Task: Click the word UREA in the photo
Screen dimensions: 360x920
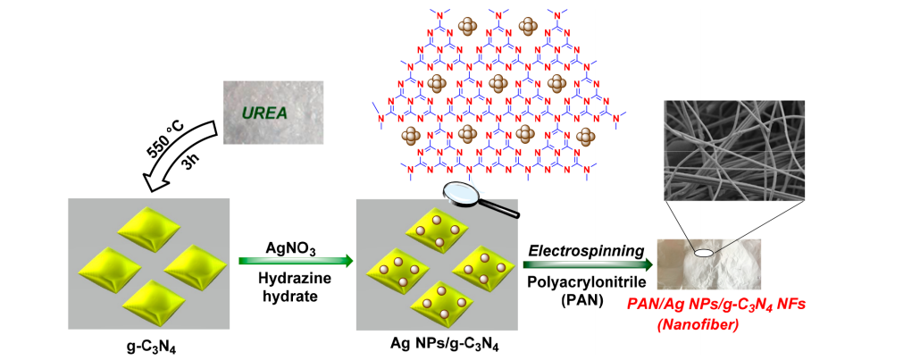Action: click(x=269, y=114)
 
